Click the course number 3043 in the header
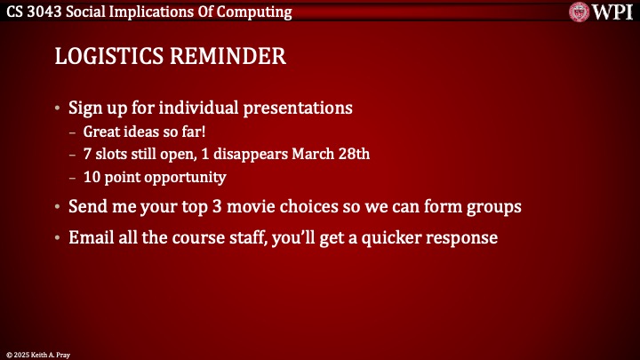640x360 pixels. (x=49, y=12)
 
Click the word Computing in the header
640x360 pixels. (x=257, y=12)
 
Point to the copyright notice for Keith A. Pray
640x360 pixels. (x=37, y=353)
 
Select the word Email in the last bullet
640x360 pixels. (x=90, y=238)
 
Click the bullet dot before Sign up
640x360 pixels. (x=59, y=109)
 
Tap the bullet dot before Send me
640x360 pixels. (x=59, y=207)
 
